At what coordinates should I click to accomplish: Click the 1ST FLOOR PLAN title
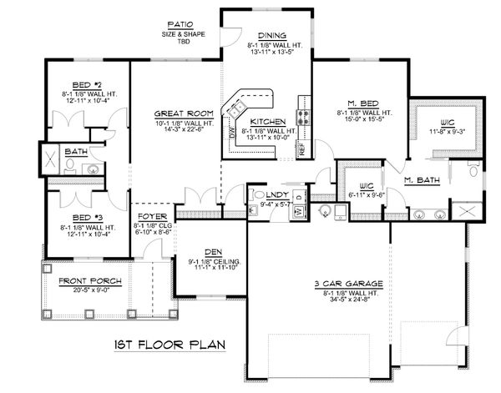[169, 344]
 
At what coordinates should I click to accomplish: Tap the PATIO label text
[181, 26]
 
